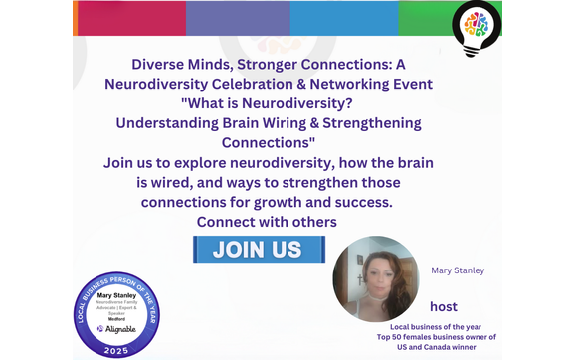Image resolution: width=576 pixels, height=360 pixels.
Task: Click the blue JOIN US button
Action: pyautogui.click(x=257, y=248)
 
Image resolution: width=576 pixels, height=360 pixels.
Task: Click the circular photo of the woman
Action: pyautogui.click(x=375, y=278)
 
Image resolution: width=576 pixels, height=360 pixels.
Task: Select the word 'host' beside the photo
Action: pyautogui.click(x=444, y=306)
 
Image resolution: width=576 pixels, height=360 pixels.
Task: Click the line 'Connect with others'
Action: pyautogui.click(x=267, y=221)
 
